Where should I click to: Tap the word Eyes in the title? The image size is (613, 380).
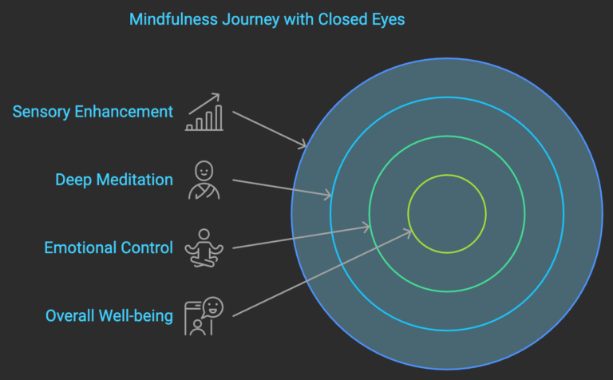click(385, 18)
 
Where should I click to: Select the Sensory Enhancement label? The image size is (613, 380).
click(93, 111)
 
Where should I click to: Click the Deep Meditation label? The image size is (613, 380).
click(114, 180)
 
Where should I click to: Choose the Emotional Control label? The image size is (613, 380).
click(109, 247)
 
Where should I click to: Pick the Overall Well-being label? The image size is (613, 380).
click(109, 316)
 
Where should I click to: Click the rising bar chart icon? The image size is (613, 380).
click(204, 113)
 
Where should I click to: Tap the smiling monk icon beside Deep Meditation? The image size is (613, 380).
click(204, 180)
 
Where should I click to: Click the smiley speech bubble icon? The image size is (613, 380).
click(204, 316)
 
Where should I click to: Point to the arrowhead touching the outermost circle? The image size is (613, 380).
click(303, 145)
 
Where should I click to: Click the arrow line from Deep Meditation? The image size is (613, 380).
click(279, 187)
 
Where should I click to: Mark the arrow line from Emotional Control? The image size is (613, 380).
click(299, 238)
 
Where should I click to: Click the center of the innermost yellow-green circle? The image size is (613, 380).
click(447, 214)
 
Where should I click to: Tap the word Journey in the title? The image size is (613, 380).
click(247, 18)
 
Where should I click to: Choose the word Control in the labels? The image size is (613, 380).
click(147, 247)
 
